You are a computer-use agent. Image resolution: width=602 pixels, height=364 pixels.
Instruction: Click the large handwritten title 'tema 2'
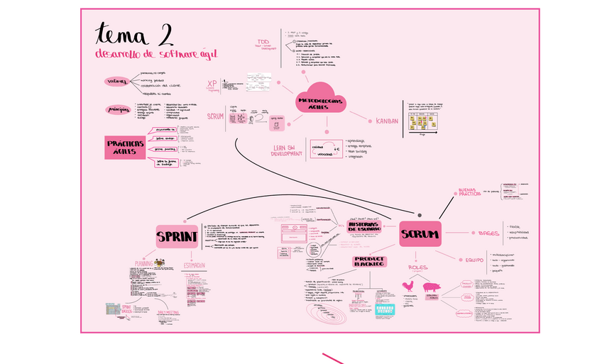(x=135, y=34)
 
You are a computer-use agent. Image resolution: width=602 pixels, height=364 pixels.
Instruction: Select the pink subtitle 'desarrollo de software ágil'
(x=157, y=54)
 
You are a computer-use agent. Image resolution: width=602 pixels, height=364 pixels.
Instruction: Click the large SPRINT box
(x=177, y=236)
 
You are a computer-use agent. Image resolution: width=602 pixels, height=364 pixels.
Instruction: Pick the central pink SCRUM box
(x=420, y=233)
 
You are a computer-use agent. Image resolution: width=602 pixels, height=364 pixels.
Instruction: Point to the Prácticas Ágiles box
(x=126, y=148)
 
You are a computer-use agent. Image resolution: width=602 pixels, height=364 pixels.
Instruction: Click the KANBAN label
(x=387, y=121)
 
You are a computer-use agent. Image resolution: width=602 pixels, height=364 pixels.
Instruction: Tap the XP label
(x=212, y=84)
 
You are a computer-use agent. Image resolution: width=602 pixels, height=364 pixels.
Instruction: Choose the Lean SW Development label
(x=287, y=150)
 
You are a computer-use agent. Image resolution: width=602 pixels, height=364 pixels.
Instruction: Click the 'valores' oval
(x=117, y=82)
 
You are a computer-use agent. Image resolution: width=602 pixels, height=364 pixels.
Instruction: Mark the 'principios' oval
(x=118, y=110)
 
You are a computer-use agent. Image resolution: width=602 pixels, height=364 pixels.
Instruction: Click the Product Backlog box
(x=369, y=262)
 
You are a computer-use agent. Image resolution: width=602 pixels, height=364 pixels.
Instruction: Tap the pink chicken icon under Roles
(x=408, y=287)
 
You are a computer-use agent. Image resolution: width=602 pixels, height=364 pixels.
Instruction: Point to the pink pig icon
(x=432, y=287)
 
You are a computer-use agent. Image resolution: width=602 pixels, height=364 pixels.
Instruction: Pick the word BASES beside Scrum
(x=488, y=233)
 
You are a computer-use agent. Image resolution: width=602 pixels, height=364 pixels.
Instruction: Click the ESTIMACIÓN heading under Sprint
(x=195, y=265)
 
